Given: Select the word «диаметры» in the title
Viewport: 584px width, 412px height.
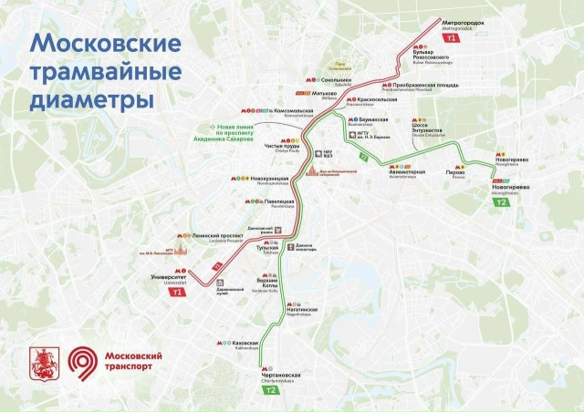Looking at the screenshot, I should point(90,94).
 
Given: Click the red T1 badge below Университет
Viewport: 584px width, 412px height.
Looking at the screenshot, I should point(175,292).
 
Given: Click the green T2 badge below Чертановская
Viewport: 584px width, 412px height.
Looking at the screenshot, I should point(271,391).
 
